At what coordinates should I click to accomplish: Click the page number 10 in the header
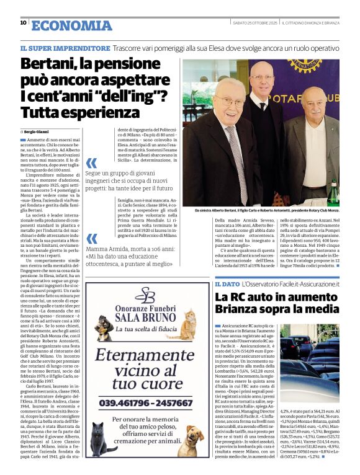pos(23,22)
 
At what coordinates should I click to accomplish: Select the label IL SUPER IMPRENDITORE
pos(65,48)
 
